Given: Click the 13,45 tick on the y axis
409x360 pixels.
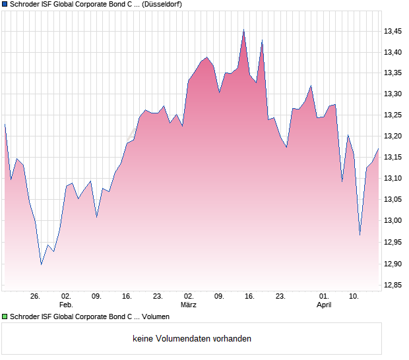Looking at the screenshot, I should [393, 31].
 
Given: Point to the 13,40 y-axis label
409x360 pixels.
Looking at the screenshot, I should [393, 52].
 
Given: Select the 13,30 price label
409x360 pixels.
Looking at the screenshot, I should [393, 94].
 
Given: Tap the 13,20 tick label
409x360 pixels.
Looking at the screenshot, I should [393, 136].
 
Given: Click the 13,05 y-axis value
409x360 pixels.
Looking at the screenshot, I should [393, 199].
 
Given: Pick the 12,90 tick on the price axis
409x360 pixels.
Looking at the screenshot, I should [393, 264].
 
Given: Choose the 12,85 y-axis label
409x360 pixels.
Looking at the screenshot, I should [393, 285].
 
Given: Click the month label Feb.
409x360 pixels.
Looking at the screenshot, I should [66, 305].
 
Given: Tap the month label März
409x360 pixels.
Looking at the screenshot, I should [189, 305].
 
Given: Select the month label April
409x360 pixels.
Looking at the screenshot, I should [324, 305].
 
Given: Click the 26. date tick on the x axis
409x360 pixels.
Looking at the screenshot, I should [36, 297].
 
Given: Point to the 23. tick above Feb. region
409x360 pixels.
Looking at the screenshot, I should [158, 297].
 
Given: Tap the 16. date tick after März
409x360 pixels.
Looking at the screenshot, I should [249, 297].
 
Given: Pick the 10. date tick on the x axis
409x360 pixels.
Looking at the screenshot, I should [354, 297].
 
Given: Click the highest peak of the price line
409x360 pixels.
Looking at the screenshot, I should [243, 30].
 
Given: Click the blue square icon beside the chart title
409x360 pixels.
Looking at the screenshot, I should [5, 4].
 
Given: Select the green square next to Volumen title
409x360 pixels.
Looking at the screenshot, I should [5, 316].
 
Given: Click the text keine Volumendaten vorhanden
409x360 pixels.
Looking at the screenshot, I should [192, 339].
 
